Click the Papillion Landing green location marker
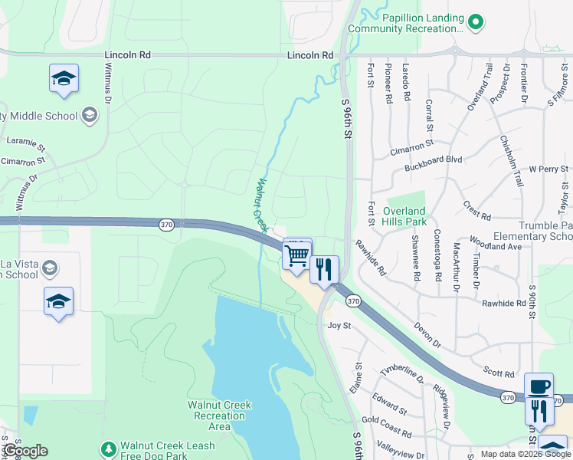[x=476, y=22]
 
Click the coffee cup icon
[x=539, y=386]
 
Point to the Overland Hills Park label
[x=404, y=216]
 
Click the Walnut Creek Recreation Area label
[x=219, y=416]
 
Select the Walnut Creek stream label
[x=262, y=205]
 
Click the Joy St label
[x=339, y=326]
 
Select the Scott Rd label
[x=499, y=373]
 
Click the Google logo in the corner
[x=25, y=451]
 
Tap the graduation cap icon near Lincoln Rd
[x=64, y=77]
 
